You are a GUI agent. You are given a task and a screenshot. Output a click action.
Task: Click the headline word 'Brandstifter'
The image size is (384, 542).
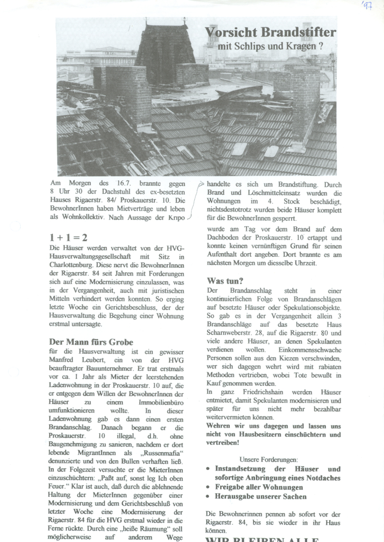click(x=299, y=33)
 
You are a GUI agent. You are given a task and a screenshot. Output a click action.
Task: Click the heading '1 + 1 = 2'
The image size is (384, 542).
click(x=68, y=237)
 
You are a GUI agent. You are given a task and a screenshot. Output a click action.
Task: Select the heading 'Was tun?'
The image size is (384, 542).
click(x=225, y=280)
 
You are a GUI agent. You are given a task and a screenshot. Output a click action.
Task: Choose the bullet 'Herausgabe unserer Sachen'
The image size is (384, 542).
click(x=261, y=496)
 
